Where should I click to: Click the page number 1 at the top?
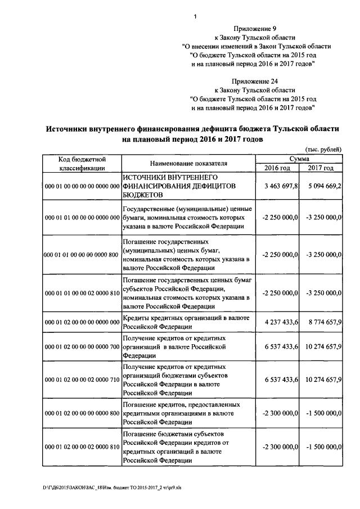point(195,16)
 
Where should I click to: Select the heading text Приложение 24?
point(254,81)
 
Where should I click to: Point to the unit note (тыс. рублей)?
point(322,150)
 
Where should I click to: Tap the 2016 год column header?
point(277,168)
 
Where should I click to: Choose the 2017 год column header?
point(321,168)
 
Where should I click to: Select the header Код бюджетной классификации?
point(82,164)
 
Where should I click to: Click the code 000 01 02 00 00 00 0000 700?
point(82,348)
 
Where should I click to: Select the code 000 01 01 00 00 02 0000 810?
point(82,293)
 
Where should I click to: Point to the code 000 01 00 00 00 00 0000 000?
point(82,186)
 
